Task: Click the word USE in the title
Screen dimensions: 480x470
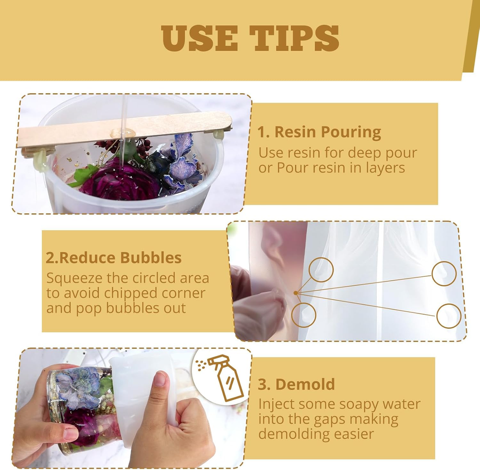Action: [199, 38]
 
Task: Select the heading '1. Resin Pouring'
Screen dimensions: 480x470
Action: [319, 132]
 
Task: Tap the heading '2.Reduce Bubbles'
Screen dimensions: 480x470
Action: [114, 258]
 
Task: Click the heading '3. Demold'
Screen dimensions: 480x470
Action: [296, 384]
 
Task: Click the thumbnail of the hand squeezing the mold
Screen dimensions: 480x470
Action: [347, 281]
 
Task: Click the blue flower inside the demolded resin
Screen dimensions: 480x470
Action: [80, 387]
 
